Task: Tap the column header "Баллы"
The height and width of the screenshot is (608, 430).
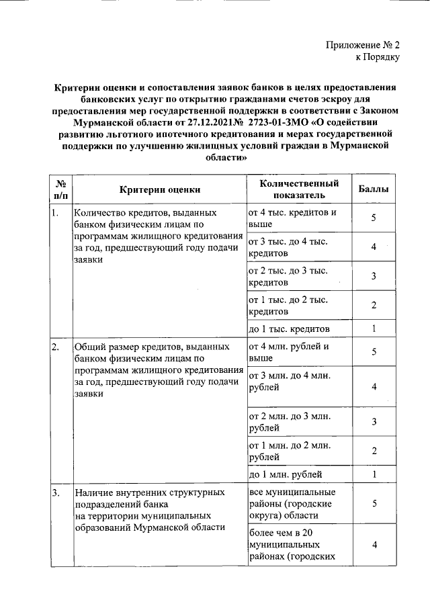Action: click(373, 189)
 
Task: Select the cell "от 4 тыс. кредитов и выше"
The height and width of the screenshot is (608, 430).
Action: click(292, 218)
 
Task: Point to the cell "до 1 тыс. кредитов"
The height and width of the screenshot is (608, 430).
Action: click(289, 329)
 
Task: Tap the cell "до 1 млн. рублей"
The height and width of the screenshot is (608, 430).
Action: click(286, 475)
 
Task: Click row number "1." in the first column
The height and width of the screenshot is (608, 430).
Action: click(55, 213)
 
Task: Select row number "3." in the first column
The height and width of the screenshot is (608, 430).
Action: click(55, 493)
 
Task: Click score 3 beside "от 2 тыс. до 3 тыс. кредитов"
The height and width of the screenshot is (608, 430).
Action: click(373, 276)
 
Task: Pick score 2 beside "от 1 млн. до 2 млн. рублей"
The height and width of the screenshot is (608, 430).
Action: click(373, 451)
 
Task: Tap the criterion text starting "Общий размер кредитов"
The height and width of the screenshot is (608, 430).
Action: click(158, 370)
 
